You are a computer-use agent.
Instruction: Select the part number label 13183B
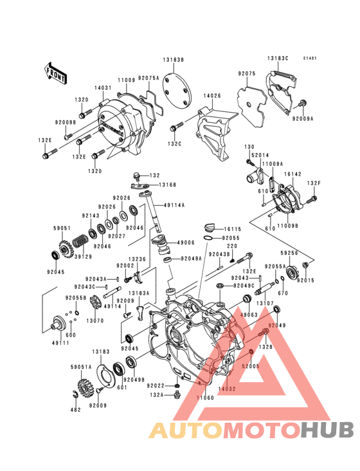tap(173, 59)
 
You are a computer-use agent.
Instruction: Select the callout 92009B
tap(66, 122)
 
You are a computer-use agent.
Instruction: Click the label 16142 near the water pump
tap(293, 174)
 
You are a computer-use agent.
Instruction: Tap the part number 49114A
tap(174, 205)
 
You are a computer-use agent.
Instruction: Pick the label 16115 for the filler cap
tap(233, 228)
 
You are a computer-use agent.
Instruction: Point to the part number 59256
tap(290, 254)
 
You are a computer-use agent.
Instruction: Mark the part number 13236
tap(137, 259)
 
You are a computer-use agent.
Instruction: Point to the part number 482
tap(75, 410)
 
